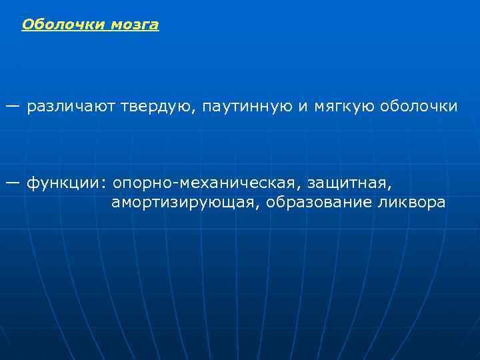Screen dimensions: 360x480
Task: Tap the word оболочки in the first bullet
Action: click(419, 107)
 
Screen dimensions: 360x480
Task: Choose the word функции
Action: click(63, 183)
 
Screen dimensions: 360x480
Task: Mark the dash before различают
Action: click(13, 106)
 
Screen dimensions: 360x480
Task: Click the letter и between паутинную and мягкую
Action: click(302, 107)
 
